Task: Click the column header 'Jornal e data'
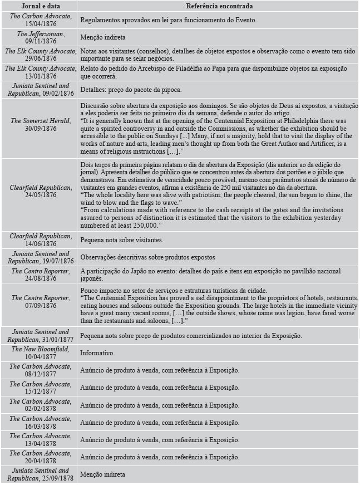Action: [39, 6]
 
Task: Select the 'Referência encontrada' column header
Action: [219, 6]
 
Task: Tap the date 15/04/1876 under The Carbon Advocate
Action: [41, 24]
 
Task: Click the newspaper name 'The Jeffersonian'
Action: [40, 34]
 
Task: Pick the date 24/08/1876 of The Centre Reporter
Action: [41, 277]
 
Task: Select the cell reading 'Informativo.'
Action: [97, 353]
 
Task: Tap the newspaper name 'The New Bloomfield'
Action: [40, 349]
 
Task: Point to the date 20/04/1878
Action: [41, 462]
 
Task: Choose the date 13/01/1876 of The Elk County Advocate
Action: [41, 76]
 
